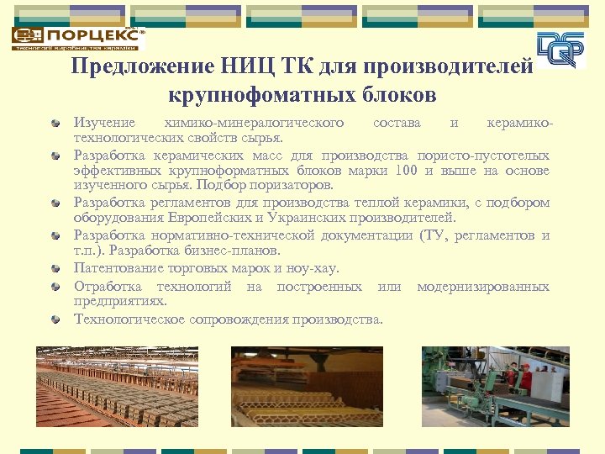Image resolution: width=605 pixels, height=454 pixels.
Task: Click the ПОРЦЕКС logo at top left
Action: point(77,38)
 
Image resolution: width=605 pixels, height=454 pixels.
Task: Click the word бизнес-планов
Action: point(238,251)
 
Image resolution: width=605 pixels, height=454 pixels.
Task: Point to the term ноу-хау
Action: point(313,268)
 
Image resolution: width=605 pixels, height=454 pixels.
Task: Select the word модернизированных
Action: point(483,287)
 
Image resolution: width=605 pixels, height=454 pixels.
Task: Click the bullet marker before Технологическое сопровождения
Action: point(55,319)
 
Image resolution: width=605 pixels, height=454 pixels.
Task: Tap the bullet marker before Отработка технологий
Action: point(55,288)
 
